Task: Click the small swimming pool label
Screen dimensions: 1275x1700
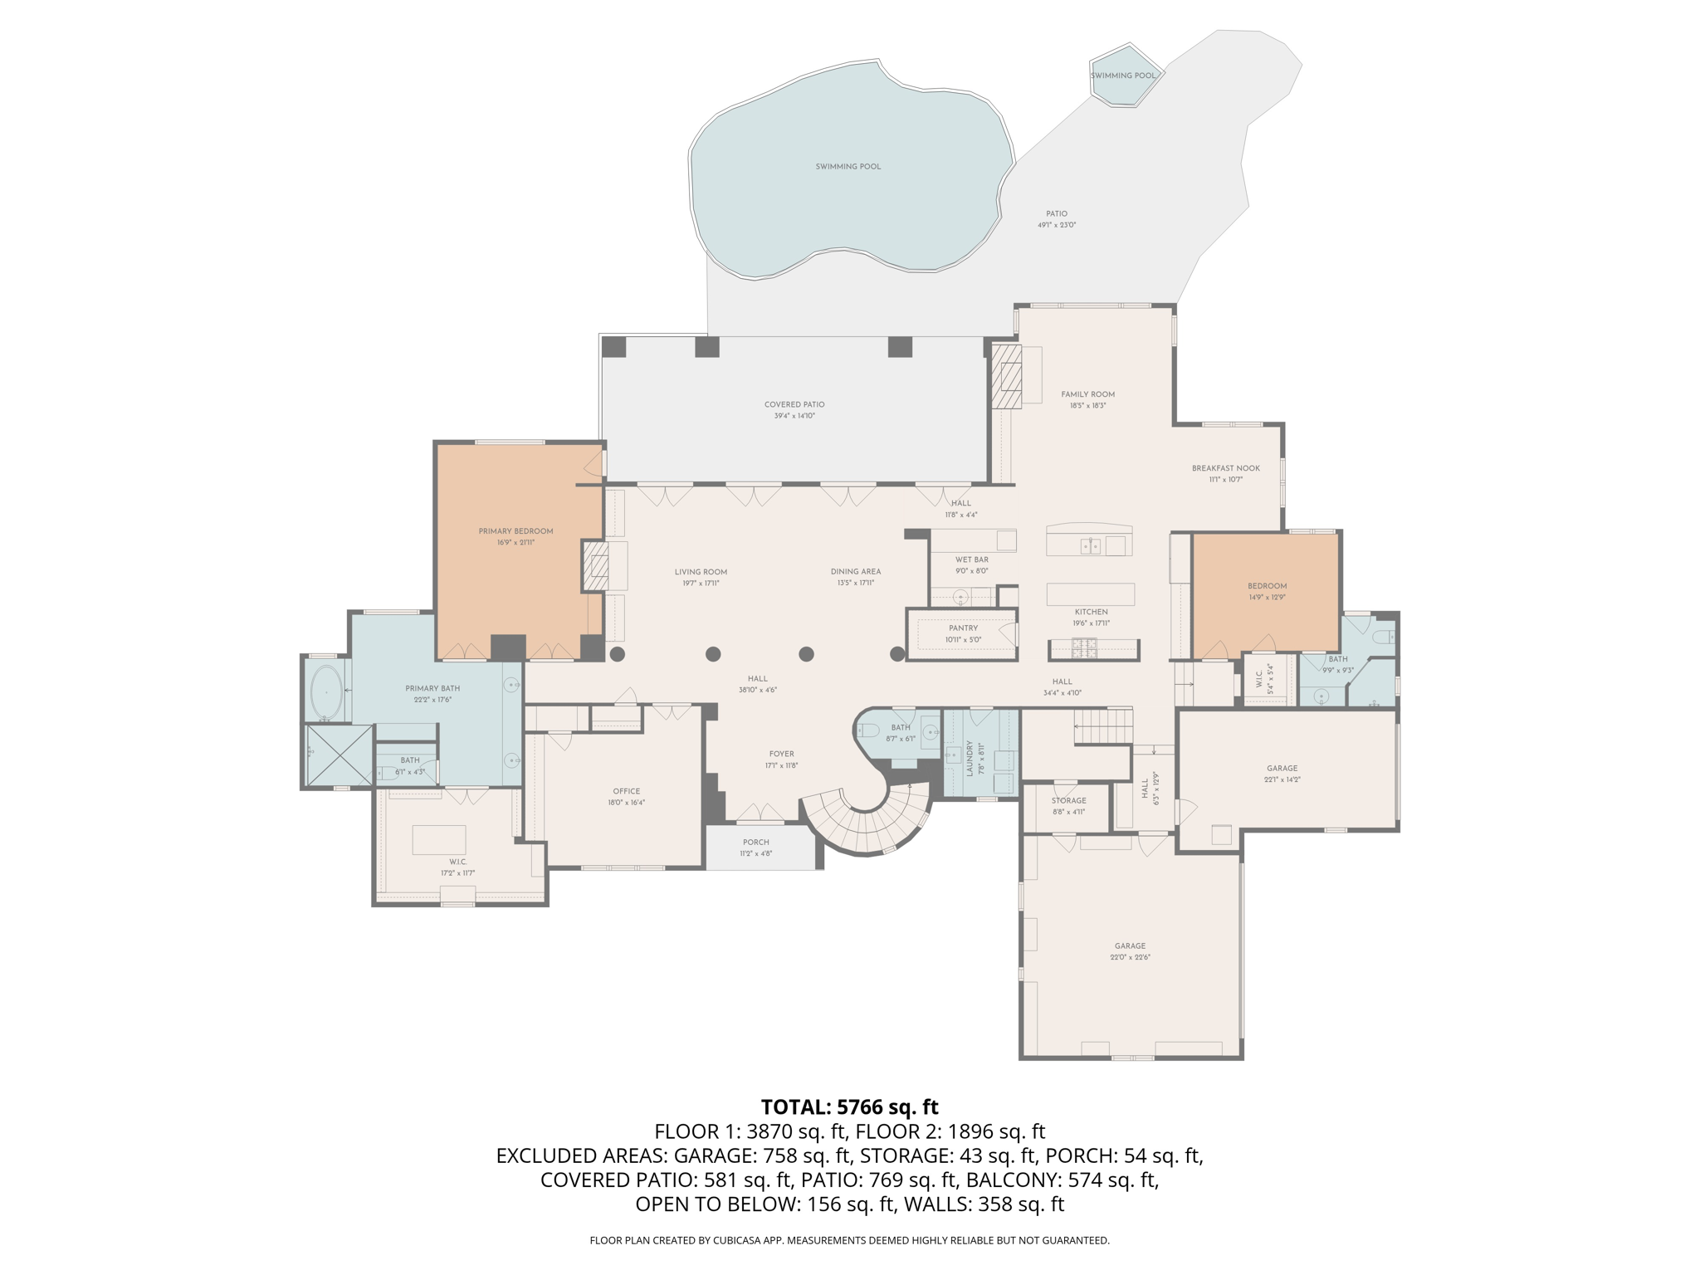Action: (x=1122, y=76)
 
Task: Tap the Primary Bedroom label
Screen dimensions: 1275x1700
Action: (x=515, y=531)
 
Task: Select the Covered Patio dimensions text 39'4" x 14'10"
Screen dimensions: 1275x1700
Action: (x=794, y=416)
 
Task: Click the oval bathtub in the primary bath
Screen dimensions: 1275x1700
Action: (x=326, y=691)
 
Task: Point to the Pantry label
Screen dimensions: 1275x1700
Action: (x=963, y=628)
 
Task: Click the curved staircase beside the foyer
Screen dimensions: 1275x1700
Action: (x=867, y=822)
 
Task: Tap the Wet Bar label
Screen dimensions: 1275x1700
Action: (x=971, y=559)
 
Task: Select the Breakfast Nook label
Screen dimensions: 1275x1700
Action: (x=1225, y=468)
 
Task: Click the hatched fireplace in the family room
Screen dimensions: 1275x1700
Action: (x=1007, y=377)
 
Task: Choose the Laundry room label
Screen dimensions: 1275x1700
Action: (x=969, y=758)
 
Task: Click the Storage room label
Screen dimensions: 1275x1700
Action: (x=1068, y=801)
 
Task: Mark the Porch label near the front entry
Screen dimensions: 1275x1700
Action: (x=755, y=842)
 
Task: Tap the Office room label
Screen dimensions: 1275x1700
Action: (x=626, y=791)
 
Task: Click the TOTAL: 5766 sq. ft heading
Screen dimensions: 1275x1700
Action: (x=849, y=1106)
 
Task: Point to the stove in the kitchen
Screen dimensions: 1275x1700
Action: (x=1084, y=647)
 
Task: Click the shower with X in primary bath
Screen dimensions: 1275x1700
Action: (x=340, y=755)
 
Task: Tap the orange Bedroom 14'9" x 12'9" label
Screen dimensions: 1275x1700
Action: (x=1267, y=586)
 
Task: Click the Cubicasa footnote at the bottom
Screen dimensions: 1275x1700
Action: (x=849, y=1240)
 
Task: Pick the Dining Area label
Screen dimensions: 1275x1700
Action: (x=855, y=571)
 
